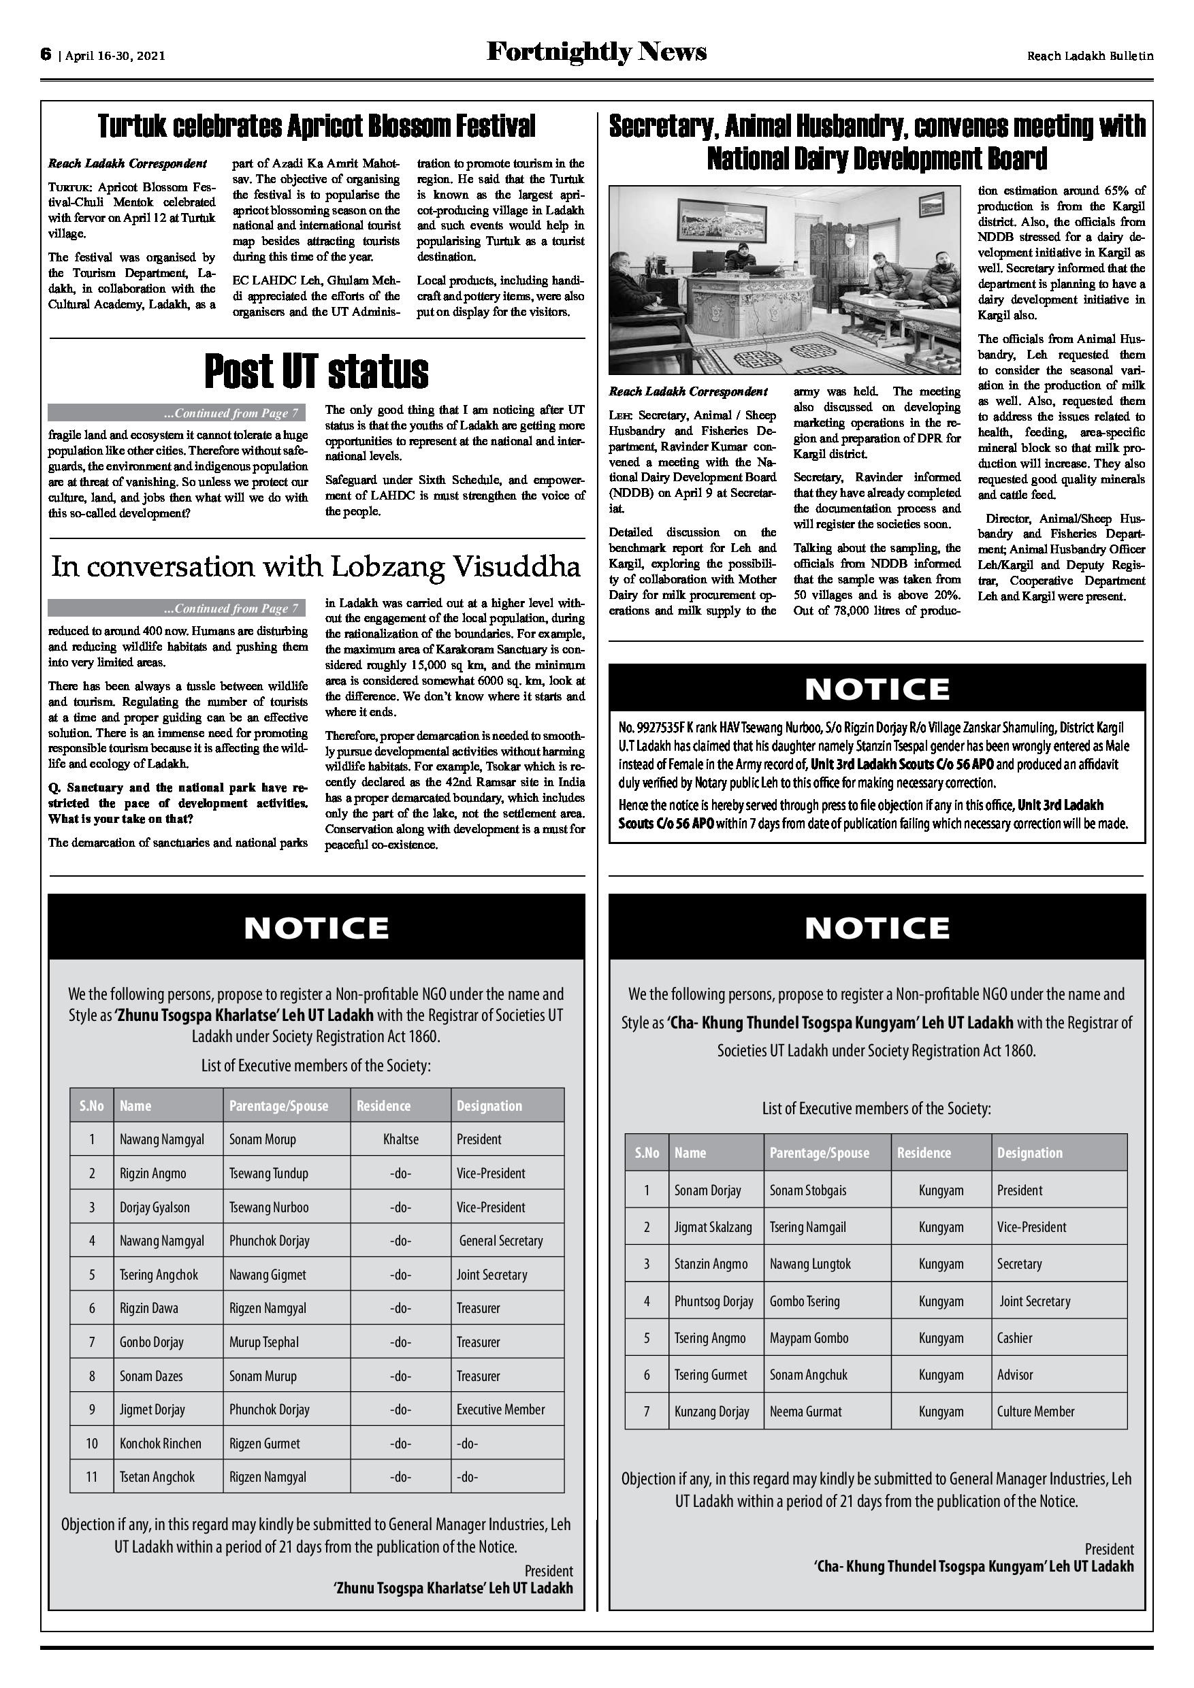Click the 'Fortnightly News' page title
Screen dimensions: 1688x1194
point(596,52)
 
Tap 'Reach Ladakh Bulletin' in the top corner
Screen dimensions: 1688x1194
point(1090,55)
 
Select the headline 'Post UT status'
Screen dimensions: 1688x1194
point(316,371)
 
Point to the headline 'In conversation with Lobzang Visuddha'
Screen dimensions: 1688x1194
point(316,567)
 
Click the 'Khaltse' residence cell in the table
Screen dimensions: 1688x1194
point(401,1139)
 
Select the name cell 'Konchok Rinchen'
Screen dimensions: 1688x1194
point(160,1443)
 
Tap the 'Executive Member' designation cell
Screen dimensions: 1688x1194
point(501,1410)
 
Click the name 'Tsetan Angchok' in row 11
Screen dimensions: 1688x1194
point(157,1477)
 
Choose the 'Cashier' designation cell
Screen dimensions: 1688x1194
point(1014,1338)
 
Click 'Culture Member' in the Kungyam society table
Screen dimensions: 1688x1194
point(1035,1412)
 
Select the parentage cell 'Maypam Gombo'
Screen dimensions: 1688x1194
point(809,1338)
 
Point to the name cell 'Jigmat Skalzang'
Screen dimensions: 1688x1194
point(713,1227)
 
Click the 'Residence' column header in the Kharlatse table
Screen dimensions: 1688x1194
point(384,1106)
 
